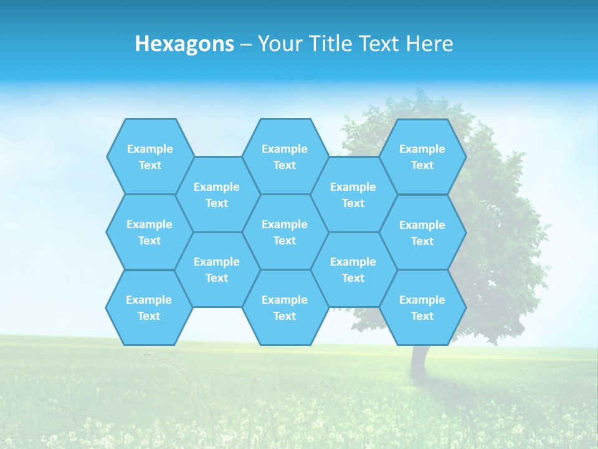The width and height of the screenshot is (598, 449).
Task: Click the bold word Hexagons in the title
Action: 184,44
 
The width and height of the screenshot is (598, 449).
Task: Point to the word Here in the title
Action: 429,44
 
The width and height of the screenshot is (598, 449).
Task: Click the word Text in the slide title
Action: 379,44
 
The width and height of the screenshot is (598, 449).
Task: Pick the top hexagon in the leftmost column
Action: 150,157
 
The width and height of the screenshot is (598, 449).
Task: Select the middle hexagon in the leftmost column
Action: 149,232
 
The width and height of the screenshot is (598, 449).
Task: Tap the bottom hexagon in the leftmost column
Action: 149,307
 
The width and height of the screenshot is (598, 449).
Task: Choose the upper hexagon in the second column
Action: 217,195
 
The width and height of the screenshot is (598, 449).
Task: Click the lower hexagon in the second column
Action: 217,269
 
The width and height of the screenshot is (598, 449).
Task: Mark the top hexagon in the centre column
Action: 285,157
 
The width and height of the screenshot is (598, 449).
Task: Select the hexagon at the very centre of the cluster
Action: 285,232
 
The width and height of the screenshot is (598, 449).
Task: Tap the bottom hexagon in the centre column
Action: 285,307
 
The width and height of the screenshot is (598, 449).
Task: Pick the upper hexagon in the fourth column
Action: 353,195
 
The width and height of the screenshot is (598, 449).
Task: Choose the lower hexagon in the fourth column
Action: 353,269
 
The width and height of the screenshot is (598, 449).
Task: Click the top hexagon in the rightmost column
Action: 422,157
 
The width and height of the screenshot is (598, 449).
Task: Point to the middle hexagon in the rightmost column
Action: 422,233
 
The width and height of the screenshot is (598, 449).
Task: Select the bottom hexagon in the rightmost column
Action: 422,307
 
